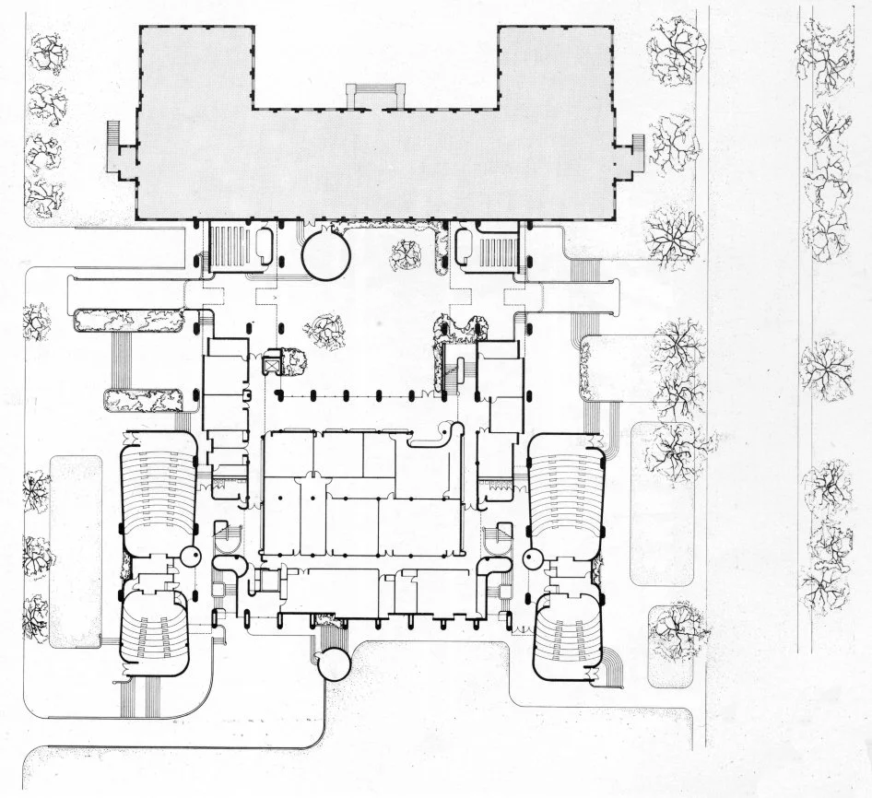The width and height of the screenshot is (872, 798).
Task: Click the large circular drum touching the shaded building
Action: point(325,254)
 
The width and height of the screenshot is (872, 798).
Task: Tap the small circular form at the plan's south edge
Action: point(332,663)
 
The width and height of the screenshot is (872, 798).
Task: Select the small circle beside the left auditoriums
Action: point(192,556)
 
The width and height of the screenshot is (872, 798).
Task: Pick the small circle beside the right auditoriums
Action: point(532,558)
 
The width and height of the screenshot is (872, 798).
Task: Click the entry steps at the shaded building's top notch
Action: point(374,95)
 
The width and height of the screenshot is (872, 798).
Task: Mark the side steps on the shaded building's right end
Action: point(635,153)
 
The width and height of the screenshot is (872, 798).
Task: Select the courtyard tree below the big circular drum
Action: point(324,332)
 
